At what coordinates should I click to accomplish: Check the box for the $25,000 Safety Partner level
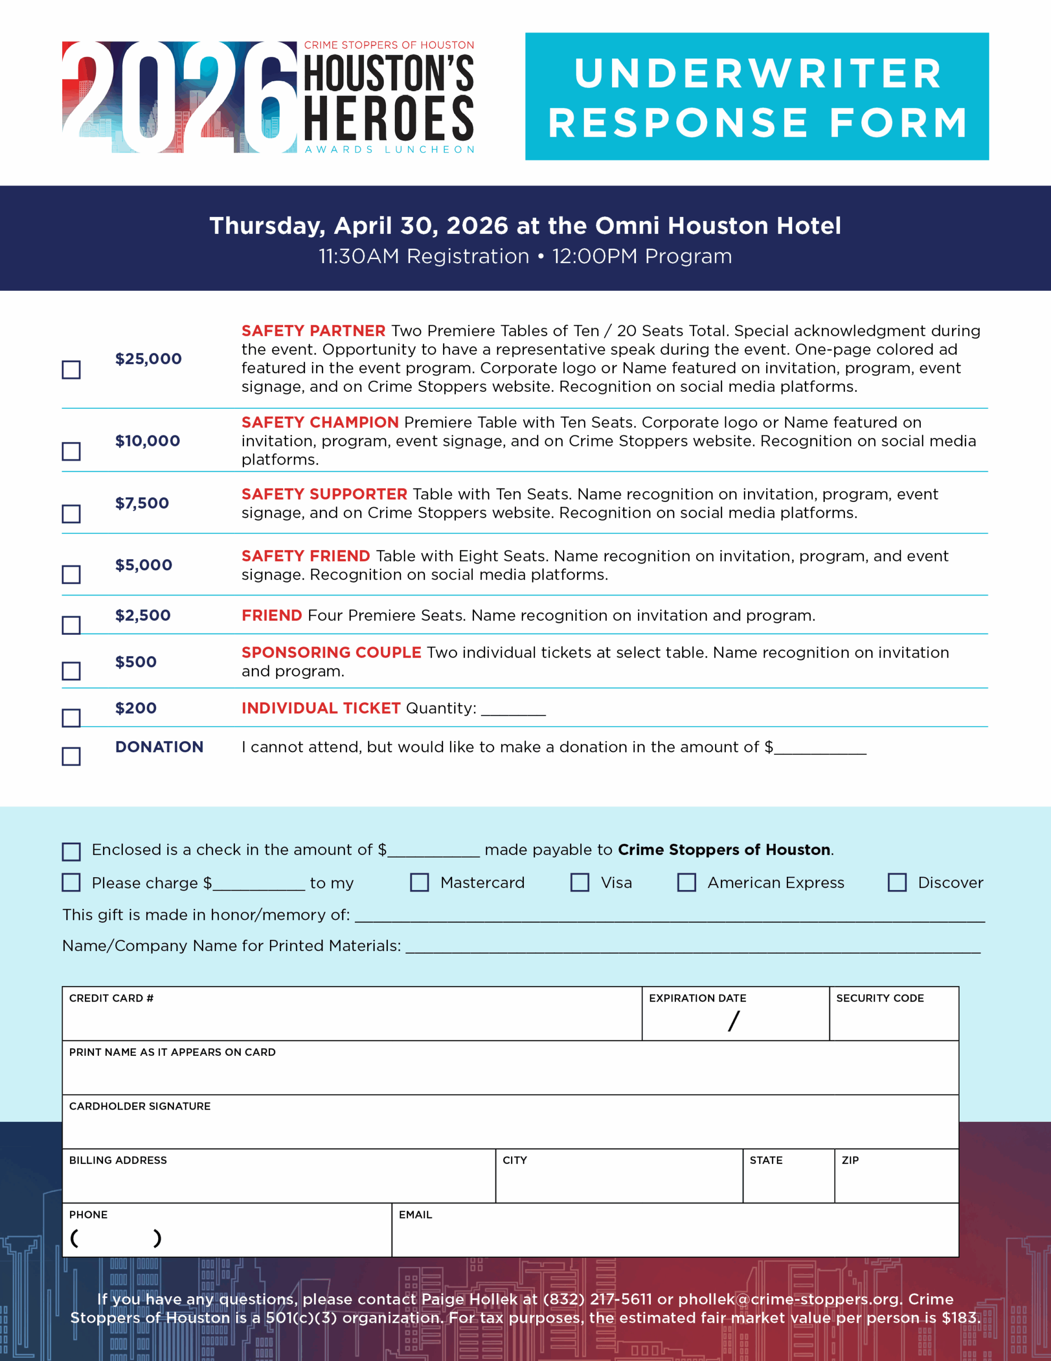click(71, 369)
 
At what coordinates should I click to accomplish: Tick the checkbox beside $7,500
click(71, 514)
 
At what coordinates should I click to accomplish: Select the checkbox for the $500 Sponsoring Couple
click(71, 670)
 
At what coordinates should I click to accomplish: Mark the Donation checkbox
click(71, 756)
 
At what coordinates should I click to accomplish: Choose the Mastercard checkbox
click(419, 882)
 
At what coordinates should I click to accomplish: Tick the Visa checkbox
click(580, 882)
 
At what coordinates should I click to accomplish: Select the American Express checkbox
click(686, 882)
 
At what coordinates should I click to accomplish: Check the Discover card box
click(897, 882)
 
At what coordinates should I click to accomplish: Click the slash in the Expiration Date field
click(734, 1021)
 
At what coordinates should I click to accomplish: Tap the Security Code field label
click(880, 998)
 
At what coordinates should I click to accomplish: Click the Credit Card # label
click(111, 998)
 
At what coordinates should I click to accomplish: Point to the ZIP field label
click(850, 1160)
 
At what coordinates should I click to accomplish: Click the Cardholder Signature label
click(140, 1105)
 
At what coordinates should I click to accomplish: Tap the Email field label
click(415, 1214)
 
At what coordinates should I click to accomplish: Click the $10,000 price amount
click(148, 441)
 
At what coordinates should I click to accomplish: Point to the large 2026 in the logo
click(180, 97)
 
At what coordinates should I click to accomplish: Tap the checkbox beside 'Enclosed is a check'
click(71, 851)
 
